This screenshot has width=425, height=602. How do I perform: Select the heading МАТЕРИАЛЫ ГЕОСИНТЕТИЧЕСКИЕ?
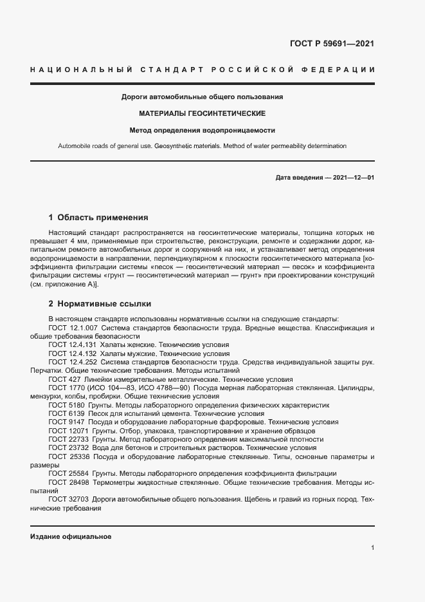(203, 113)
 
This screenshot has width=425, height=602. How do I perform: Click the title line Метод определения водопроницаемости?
(203, 129)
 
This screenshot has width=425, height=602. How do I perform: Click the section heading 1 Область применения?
(98, 218)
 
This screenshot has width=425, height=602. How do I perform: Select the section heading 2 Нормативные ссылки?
(100, 303)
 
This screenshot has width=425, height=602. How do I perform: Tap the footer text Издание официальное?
(71, 536)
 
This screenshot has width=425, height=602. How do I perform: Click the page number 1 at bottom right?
(372, 548)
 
